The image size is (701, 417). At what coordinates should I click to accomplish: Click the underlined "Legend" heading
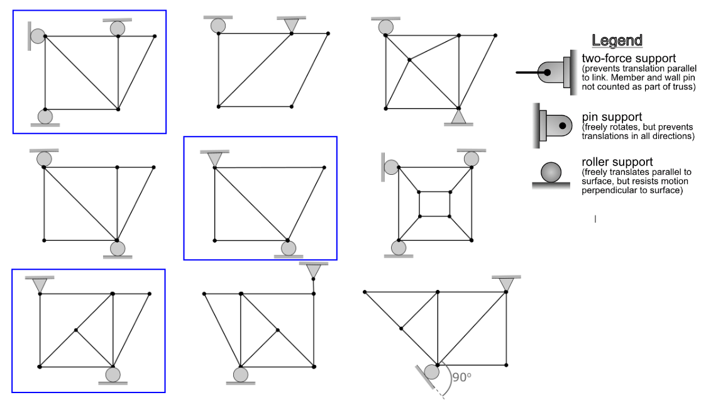[617, 41]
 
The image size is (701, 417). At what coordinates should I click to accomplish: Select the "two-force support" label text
[629, 58]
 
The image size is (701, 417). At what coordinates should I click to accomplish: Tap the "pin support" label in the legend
[612, 117]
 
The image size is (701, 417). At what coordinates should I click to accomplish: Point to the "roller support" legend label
[617, 162]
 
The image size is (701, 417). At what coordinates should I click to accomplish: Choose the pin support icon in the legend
[553, 126]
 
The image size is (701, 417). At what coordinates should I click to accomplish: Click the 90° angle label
[461, 377]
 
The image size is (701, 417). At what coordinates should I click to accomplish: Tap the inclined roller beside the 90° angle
[432, 371]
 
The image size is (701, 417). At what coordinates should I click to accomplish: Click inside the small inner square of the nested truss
[434, 204]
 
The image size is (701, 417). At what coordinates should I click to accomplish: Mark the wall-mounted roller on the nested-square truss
[391, 167]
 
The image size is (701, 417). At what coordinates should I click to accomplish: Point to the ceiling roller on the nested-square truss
[471, 159]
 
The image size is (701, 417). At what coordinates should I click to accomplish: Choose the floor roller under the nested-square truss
[398, 247]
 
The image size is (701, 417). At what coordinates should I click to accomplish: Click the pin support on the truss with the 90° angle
[506, 284]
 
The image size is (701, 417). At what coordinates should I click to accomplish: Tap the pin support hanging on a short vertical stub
[314, 271]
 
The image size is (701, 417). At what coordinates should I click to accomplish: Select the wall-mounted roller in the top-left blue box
[38, 36]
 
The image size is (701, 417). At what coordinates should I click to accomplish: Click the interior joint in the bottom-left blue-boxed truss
[76, 330]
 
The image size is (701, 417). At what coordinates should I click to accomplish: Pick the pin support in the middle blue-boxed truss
[214, 159]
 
